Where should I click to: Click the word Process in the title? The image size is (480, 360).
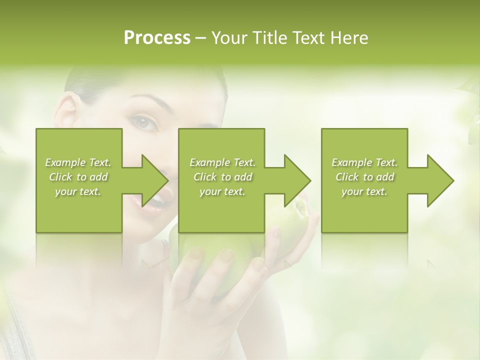(157, 38)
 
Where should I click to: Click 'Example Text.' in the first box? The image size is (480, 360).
(78, 162)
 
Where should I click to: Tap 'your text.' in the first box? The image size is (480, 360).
(78, 191)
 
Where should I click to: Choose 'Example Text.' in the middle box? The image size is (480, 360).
(222, 162)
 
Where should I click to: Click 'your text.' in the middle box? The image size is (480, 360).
(222, 191)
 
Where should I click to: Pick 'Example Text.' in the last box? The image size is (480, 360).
(364, 162)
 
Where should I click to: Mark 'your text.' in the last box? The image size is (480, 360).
(364, 191)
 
